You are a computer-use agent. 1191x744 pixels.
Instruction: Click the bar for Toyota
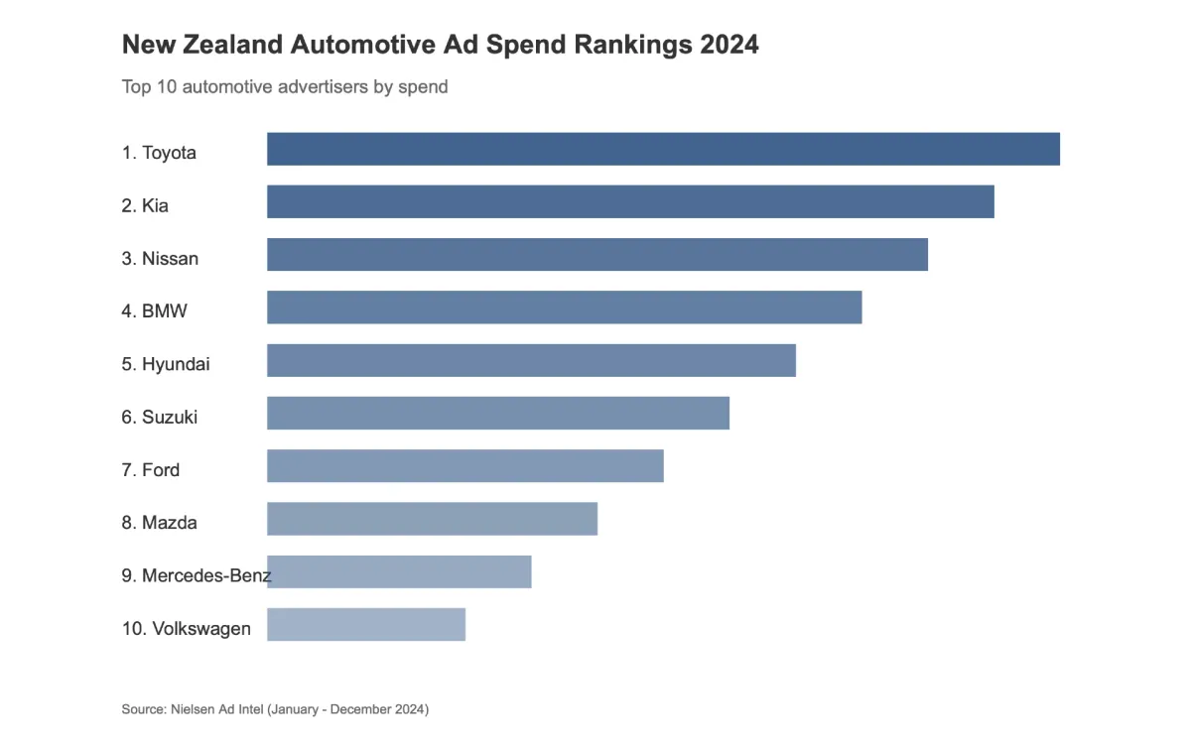[x=663, y=149]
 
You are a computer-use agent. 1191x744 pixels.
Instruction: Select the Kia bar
[x=630, y=201]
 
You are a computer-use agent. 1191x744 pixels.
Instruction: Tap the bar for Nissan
[x=596, y=255]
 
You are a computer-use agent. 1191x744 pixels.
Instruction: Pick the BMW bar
[x=564, y=308]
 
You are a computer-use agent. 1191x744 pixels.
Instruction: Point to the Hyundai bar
[x=531, y=360]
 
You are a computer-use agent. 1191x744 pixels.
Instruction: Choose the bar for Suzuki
[x=497, y=413]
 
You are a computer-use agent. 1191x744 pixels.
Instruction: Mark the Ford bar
[x=464, y=465]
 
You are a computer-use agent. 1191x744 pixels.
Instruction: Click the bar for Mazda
[x=432, y=519]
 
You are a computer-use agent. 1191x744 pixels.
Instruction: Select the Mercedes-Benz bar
[x=399, y=571]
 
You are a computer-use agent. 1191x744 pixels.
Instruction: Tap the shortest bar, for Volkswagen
[x=365, y=624]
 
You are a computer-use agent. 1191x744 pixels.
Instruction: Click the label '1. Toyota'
[x=159, y=153]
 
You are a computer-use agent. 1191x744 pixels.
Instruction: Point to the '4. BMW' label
[x=154, y=311]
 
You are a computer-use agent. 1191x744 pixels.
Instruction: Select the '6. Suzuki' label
[x=159, y=418]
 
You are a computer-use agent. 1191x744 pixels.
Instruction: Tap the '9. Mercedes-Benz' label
[x=196, y=575]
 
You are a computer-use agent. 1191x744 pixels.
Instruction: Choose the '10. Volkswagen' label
[x=186, y=629]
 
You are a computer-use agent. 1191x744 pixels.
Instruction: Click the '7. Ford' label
[x=150, y=470]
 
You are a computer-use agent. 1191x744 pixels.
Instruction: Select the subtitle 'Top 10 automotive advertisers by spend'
[x=284, y=87]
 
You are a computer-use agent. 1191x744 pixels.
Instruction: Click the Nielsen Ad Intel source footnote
[x=275, y=709]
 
